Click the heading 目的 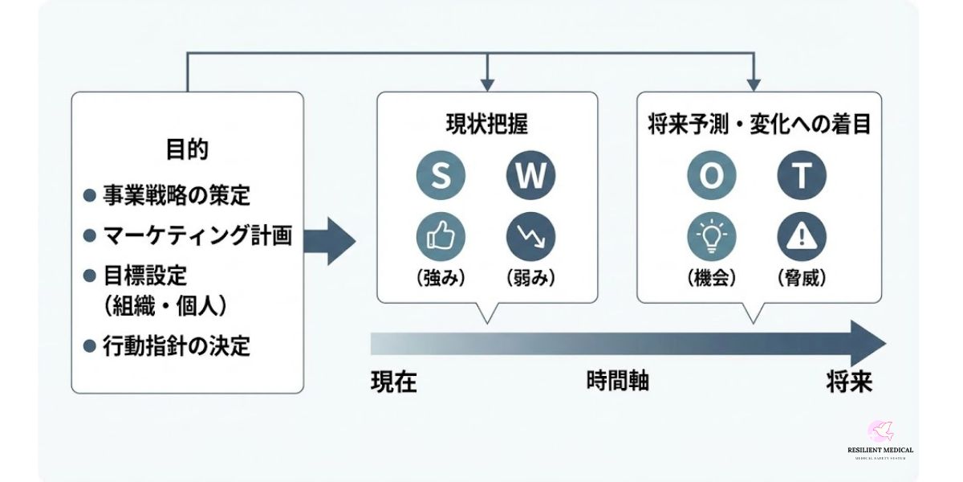coord(187,150)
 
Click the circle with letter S coord(441,176)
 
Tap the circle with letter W coord(530,176)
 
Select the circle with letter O coord(711,176)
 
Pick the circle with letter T coord(802,176)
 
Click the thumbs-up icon coord(441,236)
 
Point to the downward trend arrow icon coord(530,236)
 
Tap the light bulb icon coord(711,236)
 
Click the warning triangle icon coord(802,236)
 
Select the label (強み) coord(441,278)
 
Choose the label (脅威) coord(802,278)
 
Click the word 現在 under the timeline coord(394,382)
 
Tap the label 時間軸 coord(617,381)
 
